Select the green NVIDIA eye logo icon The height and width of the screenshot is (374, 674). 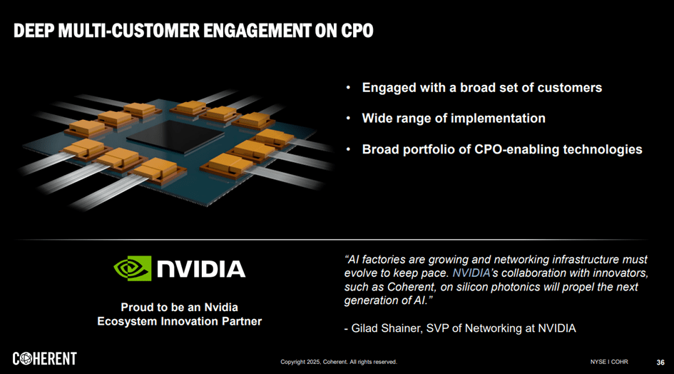tap(133, 268)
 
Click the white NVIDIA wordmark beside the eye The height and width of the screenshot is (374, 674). tap(201, 269)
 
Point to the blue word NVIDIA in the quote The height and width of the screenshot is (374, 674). tap(471, 273)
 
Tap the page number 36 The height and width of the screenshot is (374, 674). tap(660, 363)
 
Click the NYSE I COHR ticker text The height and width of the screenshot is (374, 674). tap(609, 362)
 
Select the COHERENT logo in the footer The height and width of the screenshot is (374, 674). tap(45, 358)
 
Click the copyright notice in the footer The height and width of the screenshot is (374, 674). tap(339, 362)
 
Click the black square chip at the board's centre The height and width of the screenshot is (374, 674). tap(175, 137)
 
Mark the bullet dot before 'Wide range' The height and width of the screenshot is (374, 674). tap(349, 118)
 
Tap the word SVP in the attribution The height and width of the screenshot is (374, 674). tap(437, 328)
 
